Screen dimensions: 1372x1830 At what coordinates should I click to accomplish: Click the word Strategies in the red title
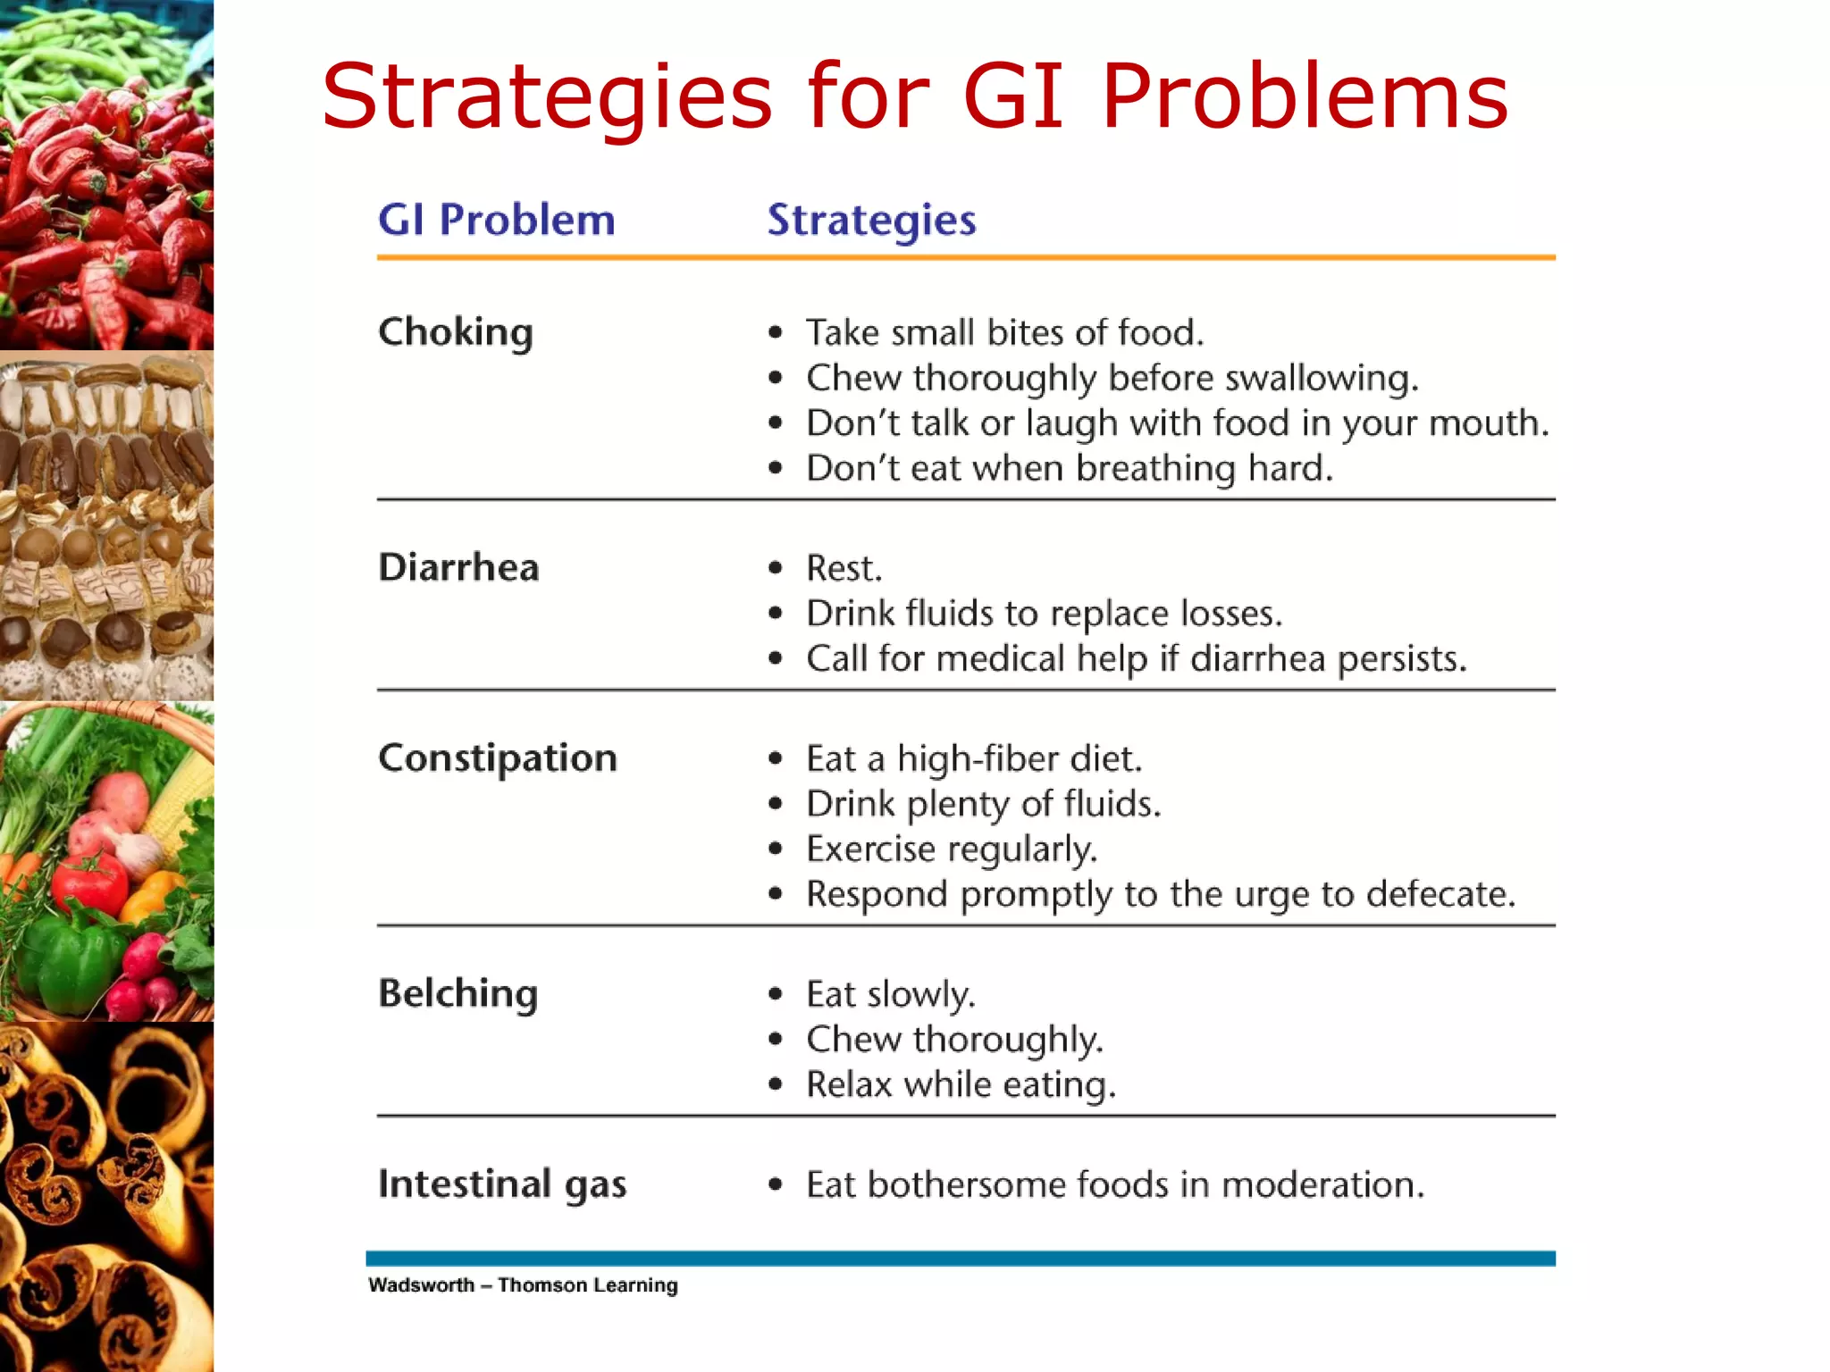(546, 96)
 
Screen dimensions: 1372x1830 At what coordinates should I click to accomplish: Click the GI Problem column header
(496, 220)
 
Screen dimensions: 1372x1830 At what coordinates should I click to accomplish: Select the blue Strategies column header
(871, 220)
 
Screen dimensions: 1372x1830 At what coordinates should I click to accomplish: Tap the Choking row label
(456, 332)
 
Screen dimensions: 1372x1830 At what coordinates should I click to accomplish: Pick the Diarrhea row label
(458, 567)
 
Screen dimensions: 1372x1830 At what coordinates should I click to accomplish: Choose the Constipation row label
(498, 758)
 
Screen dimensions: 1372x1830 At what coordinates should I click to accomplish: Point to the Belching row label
(457, 993)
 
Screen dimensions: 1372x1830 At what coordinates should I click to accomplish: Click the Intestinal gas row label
(502, 1184)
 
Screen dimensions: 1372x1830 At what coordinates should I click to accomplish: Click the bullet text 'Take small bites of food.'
(1004, 332)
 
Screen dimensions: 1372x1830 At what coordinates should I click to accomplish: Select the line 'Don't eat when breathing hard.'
(1069, 468)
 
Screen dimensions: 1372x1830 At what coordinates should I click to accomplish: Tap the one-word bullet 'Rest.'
(844, 568)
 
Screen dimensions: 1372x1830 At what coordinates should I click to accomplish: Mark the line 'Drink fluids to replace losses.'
(1044, 614)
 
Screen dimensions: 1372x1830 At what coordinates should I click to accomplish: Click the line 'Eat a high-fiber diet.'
(974, 759)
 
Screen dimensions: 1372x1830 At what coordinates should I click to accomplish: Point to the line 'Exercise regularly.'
(951, 849)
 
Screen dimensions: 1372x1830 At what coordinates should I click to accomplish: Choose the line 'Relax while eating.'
(961, 1084)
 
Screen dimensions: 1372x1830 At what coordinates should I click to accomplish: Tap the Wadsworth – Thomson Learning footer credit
(523, 1285)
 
